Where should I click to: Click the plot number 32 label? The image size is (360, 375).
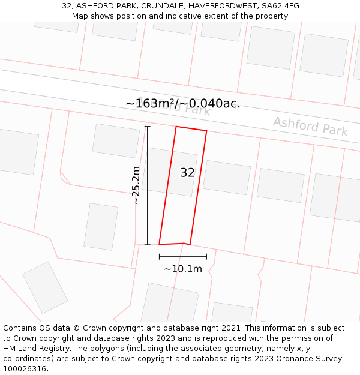[187, 173]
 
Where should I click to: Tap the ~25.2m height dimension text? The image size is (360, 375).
[136, 185]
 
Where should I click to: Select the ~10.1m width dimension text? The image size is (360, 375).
[183, 269]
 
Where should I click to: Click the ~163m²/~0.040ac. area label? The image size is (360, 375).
[183, 103]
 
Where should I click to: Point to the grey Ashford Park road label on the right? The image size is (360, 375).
[310, 126]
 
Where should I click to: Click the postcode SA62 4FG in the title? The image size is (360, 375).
[280, 6]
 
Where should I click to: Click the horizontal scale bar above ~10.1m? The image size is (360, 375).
[183, 257]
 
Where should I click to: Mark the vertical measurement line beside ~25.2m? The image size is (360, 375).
[148, 185]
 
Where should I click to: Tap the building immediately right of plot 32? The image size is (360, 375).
[226, 178]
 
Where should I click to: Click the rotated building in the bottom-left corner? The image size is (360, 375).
[45, 287]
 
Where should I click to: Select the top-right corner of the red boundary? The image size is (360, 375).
[206, 131]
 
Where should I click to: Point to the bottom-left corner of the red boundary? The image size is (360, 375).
[160, 244]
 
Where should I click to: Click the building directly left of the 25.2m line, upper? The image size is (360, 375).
[115, 141]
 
